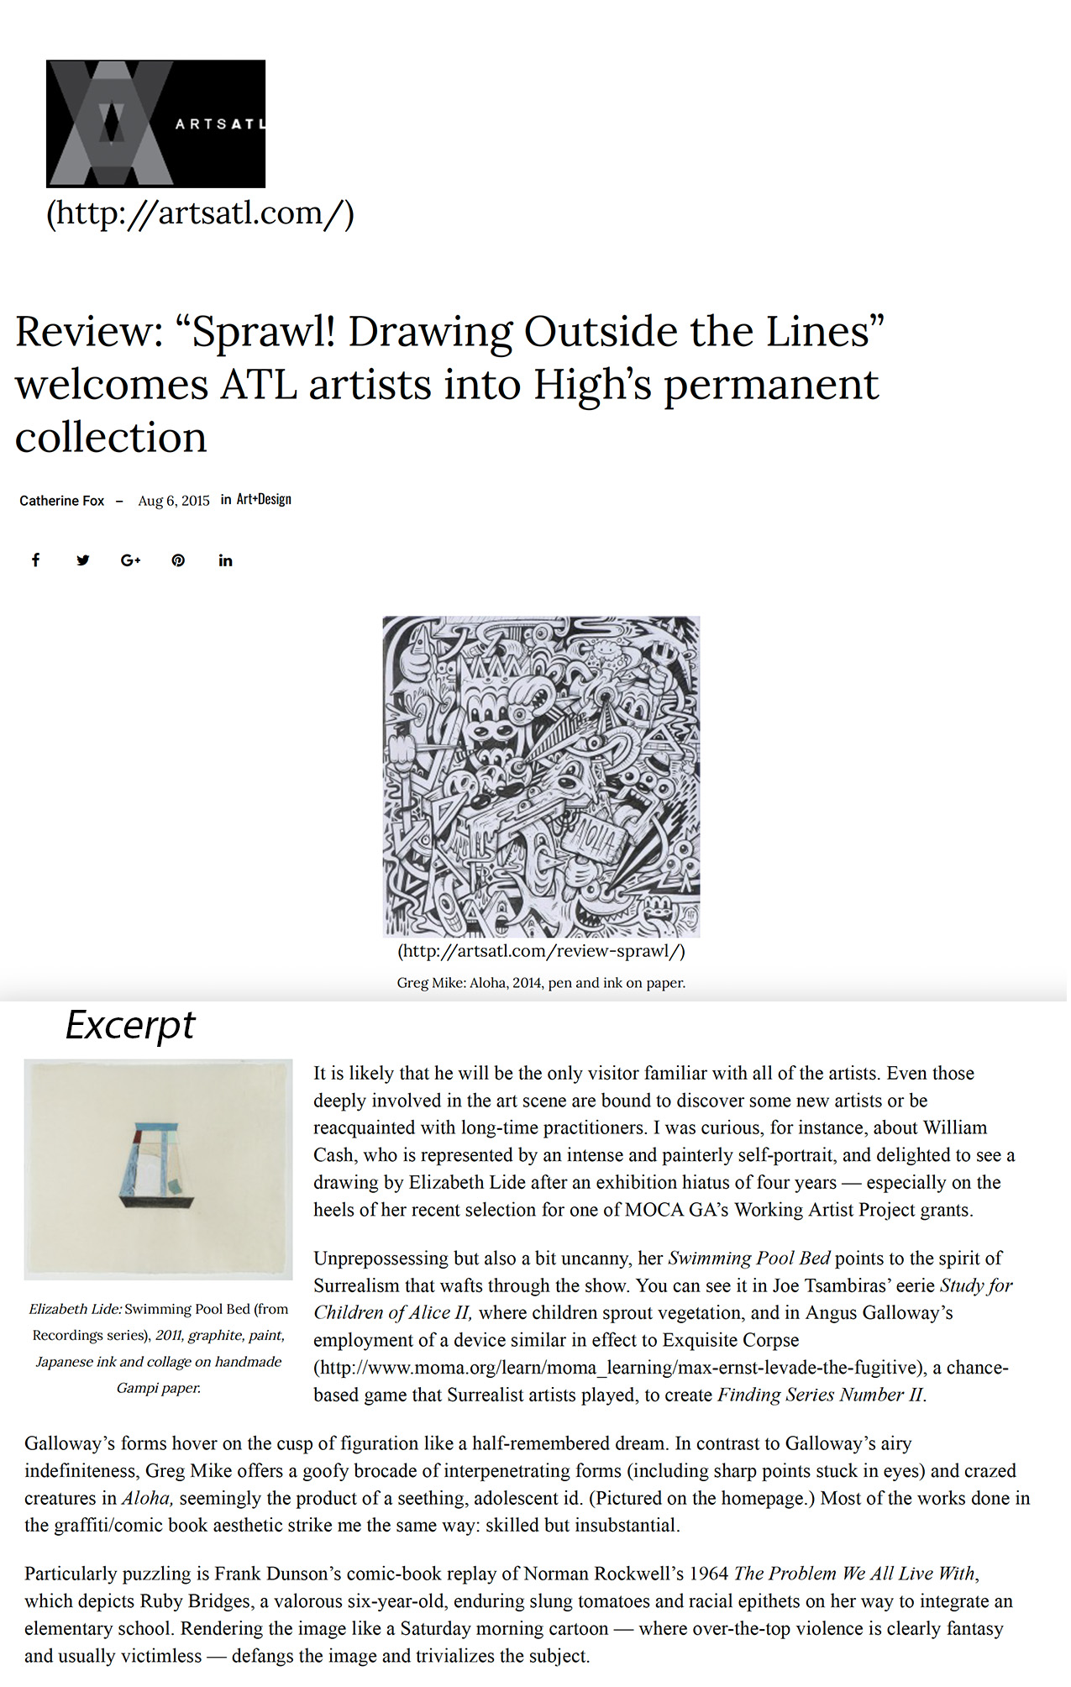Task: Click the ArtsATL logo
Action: point(155,124)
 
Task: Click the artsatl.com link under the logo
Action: point(200,213)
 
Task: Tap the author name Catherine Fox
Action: point(62,501)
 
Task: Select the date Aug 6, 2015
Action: point(174,501)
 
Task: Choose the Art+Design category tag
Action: point(264,499)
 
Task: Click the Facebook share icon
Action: point(36,560)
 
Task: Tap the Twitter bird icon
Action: point(83,560)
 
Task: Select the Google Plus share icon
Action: point(130,560)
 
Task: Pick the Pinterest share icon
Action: point(178,560)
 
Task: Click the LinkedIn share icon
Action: point(225,560)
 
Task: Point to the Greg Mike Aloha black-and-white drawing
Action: point(541,776)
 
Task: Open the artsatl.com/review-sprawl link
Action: point(541,951)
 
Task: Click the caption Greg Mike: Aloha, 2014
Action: point(541,982)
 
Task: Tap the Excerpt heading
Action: point(130,1025)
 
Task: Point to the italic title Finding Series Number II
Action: point(821,1395)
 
